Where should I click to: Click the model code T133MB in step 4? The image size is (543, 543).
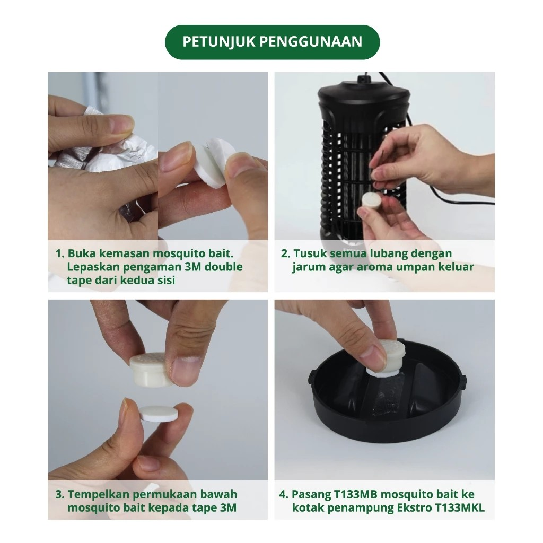(356, 495)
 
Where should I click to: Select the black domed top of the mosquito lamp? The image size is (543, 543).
(364, 95)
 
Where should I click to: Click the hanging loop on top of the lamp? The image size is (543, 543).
(363, 79)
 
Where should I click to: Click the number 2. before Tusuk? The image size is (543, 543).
(285, 253)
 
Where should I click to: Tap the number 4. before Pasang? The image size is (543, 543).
(284, 495)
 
